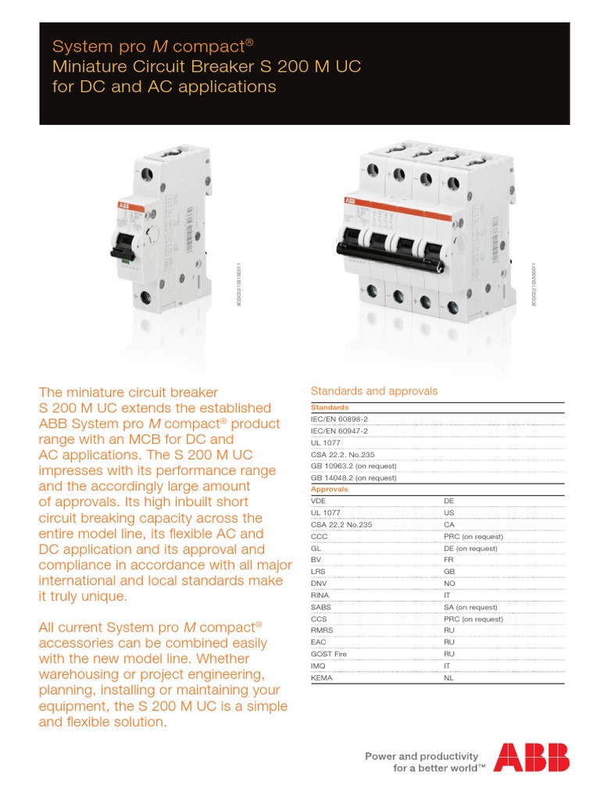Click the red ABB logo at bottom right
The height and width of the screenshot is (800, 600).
(x=531, y=757)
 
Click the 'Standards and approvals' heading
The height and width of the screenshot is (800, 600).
(x=374, y=391)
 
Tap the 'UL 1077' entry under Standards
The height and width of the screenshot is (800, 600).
(x=327, y=442)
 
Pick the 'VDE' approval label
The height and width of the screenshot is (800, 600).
(x=319, y=502)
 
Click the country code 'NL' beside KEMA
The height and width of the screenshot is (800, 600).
(x=448, y=678)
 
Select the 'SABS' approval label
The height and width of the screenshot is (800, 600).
(x=322, y=607)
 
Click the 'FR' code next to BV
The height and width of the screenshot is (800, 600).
(x=448, y=560)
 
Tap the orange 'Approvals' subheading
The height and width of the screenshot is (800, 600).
(x=330, y=489)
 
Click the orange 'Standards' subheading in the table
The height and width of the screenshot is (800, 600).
(x=330, y=407)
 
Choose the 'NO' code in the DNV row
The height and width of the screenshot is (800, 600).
(x=449, y=584)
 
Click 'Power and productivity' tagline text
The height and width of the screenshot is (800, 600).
(x=421, y=755)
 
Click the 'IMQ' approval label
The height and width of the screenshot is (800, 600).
(x=320, y=666)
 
